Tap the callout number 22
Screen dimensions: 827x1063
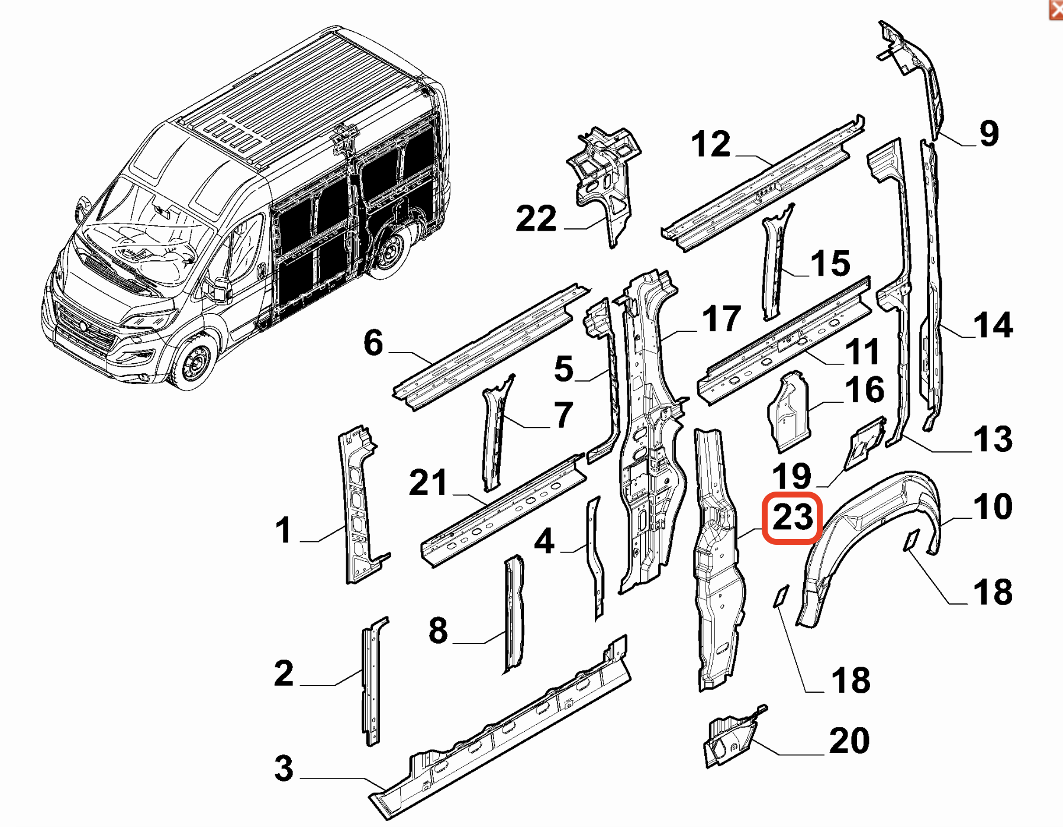pyautogui.click(x=536, y=219)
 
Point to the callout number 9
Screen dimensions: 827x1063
pyautogui.click(x=989, y=134)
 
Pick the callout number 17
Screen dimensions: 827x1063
pyautogui.click(x=721, y=319)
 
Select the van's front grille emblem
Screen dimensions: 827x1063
pyautogui.click(x=83, y=327)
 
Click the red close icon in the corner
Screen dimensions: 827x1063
pyautogui.click(x=1056, y=9)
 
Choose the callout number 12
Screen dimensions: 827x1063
pyautogui.click(x=711, y=144)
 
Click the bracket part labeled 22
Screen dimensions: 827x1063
pyautogui.click(x=604, y=177)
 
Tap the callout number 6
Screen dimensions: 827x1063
pyautogui.click(x=373, y=343)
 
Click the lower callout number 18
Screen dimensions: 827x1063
pyautogui.click(x=851, y=680)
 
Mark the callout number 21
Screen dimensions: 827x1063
pyautogui.click(x=428, y=483)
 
